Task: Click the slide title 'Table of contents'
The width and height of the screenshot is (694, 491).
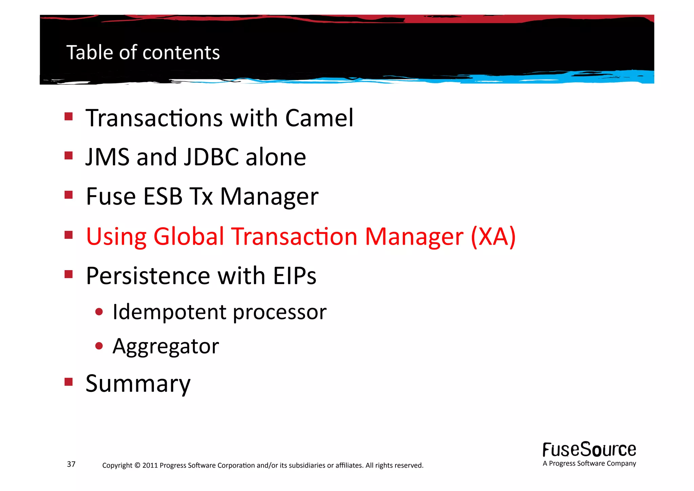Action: (x=143, y=53)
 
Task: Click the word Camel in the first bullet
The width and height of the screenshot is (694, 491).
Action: (x=319, y=118)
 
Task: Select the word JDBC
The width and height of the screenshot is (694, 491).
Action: (x=211, y=157)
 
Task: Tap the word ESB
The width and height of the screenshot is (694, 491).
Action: (x=163, y=196)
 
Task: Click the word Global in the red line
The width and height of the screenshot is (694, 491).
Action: (x=189, y=237)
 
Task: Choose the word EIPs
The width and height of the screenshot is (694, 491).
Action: (x=294, y=276)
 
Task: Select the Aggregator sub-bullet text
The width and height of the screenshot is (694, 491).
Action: (x=166, y=346)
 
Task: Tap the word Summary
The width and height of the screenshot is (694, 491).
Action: (x=138, y=384)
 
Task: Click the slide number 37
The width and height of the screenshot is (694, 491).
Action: (x=71, y=464)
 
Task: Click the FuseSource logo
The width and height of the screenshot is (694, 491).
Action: (x=589, y=450)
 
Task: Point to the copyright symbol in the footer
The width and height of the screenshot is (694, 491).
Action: (x=137, y=465)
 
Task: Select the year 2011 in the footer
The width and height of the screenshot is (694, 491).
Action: (x=150, y=465)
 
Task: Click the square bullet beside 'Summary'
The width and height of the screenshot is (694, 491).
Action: (x=69, y=382)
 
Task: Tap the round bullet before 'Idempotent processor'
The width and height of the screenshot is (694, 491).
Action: (x=99, y=312)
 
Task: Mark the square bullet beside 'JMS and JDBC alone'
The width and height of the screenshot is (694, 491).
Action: (x=69, y=156)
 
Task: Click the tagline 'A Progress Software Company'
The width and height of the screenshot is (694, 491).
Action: (x=589, y=464)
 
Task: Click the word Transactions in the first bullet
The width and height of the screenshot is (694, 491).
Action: (x=154, y=118)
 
